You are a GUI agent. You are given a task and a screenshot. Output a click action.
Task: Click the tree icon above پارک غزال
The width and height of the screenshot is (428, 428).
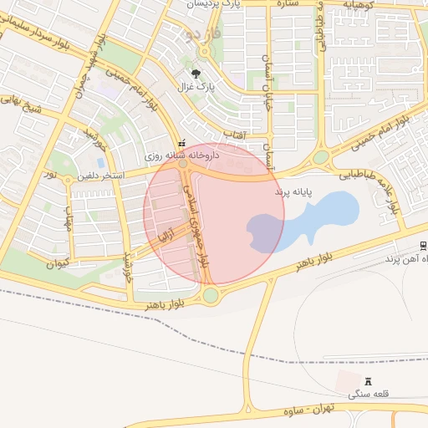click(196, 74)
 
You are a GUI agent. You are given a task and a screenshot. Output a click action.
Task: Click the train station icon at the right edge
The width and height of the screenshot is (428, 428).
click(424, 246)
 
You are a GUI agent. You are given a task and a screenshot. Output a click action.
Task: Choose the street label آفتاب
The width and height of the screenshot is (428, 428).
click(233, 133)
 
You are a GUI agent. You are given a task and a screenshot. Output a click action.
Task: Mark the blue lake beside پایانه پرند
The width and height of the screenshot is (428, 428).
click(311, 219)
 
